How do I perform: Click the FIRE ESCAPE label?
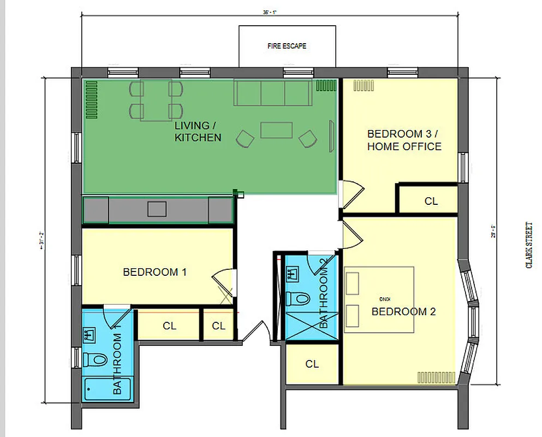[x=287, y=46]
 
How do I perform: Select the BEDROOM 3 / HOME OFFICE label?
[x=404, y=140]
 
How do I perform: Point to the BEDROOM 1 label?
[x=155, y=271]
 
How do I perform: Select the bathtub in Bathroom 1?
[x=106, y=389]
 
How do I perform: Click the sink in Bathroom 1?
[x=89, y=334]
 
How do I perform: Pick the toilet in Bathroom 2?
[x=299, y=298]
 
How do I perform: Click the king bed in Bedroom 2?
[x=379, y=299]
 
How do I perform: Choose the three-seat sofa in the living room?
[x=273, y=92]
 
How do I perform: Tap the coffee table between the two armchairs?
[x=277, y=130]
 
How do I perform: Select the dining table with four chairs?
[x=156, y=100]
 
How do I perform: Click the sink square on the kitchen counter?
[x=157, y=209]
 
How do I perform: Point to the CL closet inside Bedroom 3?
[x=431, y=201]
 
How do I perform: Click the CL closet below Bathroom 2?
[x=312, y=364]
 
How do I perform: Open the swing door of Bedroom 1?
[x=224, y=284]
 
